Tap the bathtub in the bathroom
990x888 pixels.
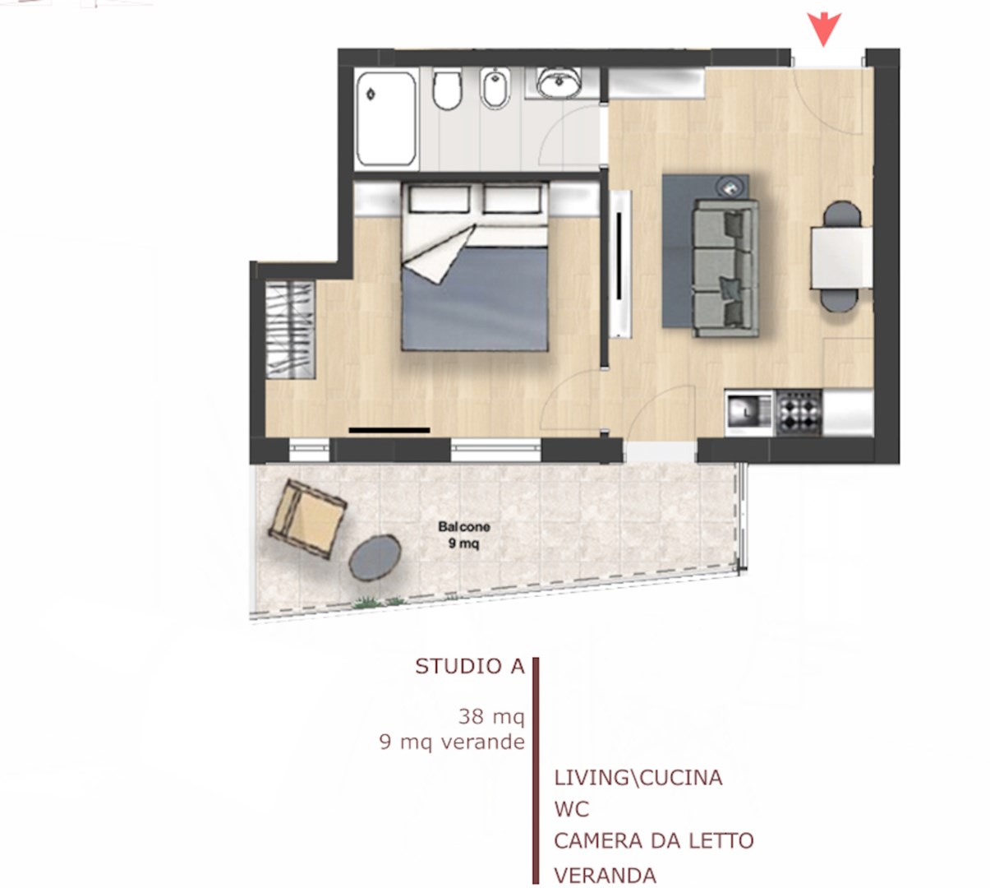click(x=386, y=119)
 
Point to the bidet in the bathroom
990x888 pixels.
click(x=495, y=88)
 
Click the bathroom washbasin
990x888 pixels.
click(x=559, y=82)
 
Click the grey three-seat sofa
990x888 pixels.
click(x=725, y=268)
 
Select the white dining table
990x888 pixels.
click(x=841, y=257)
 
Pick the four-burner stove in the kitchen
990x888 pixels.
click(x=799, y=412)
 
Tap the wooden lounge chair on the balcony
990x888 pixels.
click(x=308, y=520)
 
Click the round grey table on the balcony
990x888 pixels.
click(x=375, y=558)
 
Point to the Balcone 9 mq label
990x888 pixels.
click(x=463, y=535)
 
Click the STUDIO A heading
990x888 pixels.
click(x=470, y=667)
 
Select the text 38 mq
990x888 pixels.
click(x=491, y=717)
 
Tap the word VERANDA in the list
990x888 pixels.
click(x=605, y=876)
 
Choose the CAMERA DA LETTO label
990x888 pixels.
click(x=654, y=841)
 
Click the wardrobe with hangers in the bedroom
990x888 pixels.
click(x=290, y=330)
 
